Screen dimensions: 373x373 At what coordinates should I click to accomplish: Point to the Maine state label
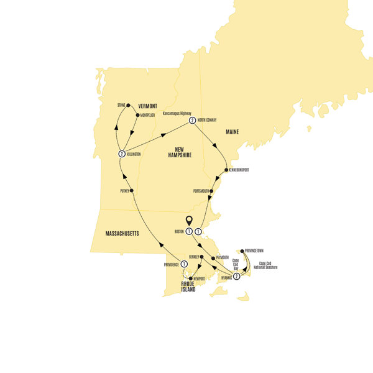[233, 131]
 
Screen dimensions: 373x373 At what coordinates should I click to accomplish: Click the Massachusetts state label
[117, 234]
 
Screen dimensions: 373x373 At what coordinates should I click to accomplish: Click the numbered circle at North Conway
[192, 121]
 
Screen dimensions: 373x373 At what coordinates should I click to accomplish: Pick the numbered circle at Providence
[184, 264]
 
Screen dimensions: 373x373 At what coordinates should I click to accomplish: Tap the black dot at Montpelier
[137, 115]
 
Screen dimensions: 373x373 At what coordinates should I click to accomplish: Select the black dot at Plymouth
[214, 257]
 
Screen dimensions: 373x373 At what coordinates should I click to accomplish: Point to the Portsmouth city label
[200, 191]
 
